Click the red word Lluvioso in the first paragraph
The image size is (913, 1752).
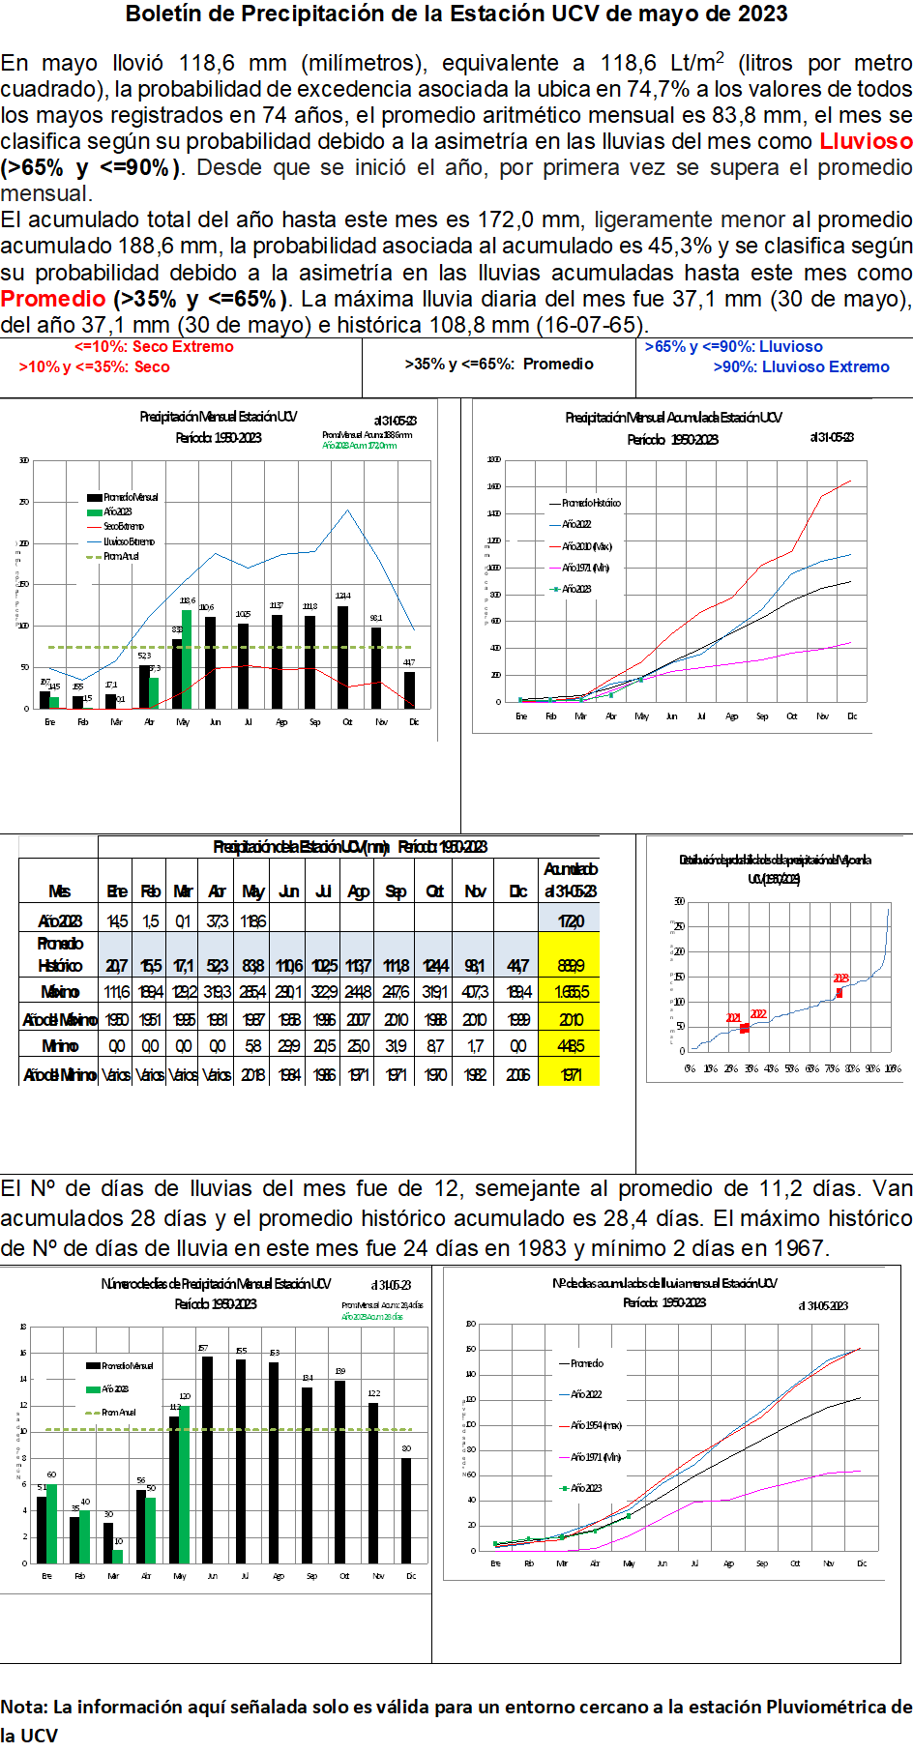coord(866,141)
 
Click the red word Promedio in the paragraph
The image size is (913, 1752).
coord(53,299)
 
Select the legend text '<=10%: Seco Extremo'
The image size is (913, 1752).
coord(154,347)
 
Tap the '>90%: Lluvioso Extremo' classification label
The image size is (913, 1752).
coord(801,367)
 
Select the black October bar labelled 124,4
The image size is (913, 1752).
coord(343,657)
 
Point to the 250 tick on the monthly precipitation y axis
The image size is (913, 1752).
coord(24,502)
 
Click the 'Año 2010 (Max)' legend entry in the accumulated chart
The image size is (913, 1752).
coord(586,546)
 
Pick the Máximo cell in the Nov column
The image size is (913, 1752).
coord(475,992)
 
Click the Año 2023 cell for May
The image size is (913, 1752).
coord(253,921)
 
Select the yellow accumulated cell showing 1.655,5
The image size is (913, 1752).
coord(571,992)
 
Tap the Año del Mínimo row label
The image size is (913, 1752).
coord(59,1074)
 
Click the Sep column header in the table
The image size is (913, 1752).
coord(396,891)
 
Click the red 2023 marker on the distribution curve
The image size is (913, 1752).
coord(839,992)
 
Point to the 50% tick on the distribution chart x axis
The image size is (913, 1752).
coord(791,1068)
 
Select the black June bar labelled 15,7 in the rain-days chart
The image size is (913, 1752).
coord(207,1460)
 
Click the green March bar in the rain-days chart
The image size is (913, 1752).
coord(118,1557)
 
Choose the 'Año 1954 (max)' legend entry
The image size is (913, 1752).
coord(596,1425)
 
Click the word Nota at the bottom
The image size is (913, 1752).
coord(23,1707)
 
